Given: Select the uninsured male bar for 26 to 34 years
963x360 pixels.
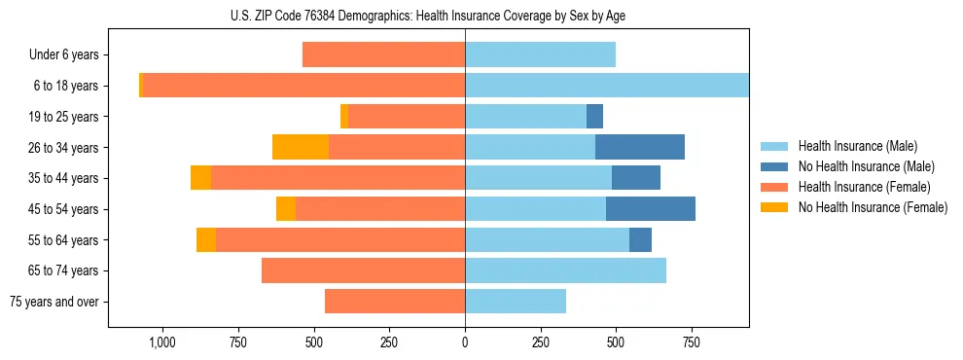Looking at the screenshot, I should click(639, 147).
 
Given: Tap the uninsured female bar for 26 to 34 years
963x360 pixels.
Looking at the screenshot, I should click(301, 147).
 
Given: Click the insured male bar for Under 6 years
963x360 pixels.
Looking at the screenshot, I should click(540, 54).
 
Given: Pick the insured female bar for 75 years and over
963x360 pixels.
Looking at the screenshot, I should click(395, 302).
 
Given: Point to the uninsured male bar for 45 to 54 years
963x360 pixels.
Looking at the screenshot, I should click(651, 209).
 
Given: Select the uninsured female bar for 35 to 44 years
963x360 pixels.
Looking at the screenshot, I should click(200, 178).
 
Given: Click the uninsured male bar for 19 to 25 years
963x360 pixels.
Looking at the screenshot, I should click(594, 117).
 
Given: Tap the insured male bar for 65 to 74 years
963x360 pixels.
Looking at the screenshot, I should click(565, 270).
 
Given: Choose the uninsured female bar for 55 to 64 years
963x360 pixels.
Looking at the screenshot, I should click(206, 239).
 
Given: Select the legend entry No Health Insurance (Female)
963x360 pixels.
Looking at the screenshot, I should click(873, 207).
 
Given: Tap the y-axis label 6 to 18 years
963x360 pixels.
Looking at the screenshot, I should click(66, 86).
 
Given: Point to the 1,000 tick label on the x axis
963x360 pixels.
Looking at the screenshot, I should click(161, 342).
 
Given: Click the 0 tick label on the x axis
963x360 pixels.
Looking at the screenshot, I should click(465, 342).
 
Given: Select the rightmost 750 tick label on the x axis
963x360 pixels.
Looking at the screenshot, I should click(692, 342).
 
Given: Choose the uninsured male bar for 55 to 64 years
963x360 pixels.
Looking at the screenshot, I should click(640, 239).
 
